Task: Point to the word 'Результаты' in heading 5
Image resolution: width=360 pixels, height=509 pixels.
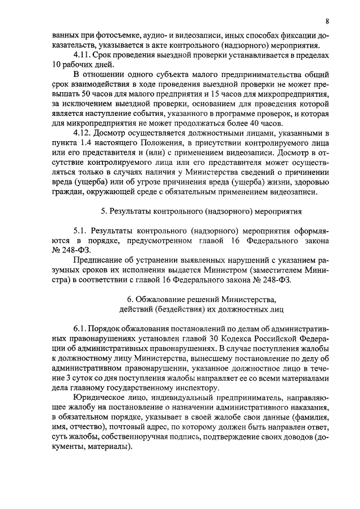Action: [129, 211]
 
